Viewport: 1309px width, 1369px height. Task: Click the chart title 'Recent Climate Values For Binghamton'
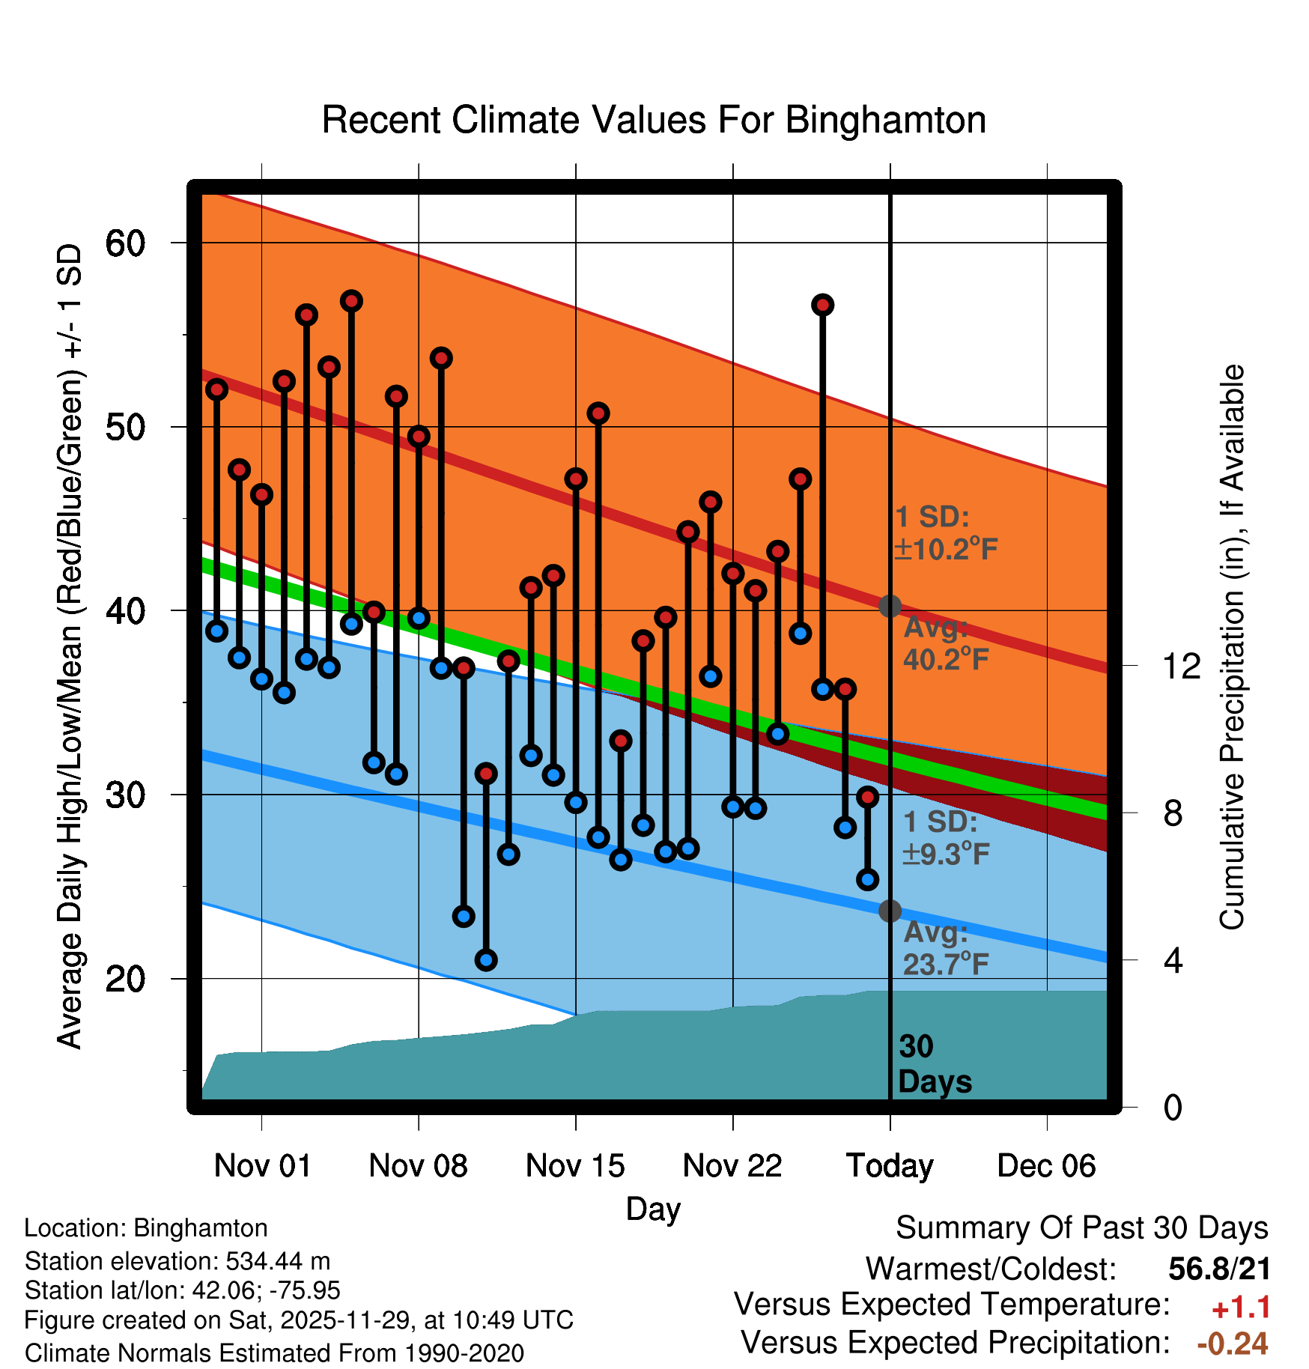[654, 121]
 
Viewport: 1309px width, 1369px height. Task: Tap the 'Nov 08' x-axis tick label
[418, 1166]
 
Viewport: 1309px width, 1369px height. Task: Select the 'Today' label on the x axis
[890, 1166]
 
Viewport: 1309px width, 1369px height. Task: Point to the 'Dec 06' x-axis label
[1046, 1166]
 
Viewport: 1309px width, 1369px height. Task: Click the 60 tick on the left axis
[125, 243]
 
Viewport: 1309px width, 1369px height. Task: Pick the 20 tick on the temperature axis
[125, 979]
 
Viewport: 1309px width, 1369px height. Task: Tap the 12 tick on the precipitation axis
[1181, 666]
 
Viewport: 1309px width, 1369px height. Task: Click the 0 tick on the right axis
[1173, 1107]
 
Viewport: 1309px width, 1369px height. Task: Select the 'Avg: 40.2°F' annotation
[946, 643]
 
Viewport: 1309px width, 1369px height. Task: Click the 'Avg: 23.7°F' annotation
[946, 948]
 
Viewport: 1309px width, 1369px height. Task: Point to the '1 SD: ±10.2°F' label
[946, 533]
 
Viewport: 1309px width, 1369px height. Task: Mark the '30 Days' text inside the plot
[934, 1064]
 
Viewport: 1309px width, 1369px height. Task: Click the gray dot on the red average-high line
[890, 606]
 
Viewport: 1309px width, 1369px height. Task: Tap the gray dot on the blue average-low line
[890, 911]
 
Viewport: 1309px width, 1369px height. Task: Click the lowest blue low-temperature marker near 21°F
[486, 960]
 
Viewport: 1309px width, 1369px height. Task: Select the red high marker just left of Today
[867, 797]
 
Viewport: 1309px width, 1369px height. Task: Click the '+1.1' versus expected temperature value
[1241, 1308]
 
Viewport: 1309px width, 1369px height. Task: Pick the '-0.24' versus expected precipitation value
[1233, 1344]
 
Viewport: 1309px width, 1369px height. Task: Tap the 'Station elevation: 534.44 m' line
[177, 1261]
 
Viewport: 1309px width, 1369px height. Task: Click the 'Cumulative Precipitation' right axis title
[1232, 648]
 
